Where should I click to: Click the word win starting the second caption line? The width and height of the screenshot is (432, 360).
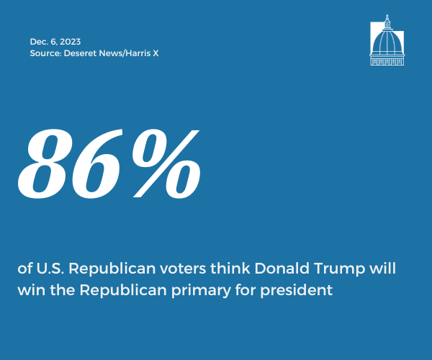(x=32, y=290)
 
